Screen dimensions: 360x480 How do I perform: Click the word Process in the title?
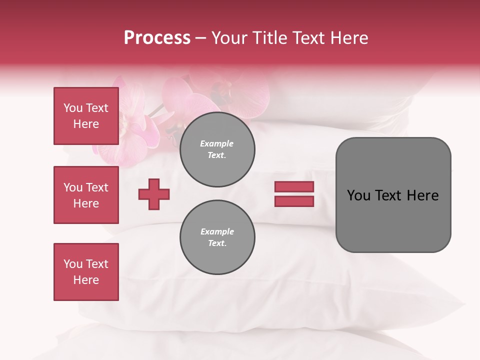click(x=157, y=38)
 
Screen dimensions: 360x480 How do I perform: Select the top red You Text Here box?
click(x=86, y=116)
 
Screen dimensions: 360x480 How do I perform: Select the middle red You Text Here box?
click(x=86, y=195)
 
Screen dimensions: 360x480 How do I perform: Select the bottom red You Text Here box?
click(x=86, y=272)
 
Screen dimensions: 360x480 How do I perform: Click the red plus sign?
click(x=154, y=194)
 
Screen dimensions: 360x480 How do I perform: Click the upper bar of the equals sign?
click(x=294, y=187)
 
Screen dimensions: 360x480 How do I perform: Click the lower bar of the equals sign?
click(x=294, y=201)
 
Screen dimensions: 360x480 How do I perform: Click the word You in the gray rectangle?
click(x=358, y=195)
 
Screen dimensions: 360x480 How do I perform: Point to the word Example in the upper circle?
click(x=216, y=143)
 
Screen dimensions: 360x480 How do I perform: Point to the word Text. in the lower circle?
click(x=217, y=243)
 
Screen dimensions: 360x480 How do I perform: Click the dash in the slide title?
click(x=201, y=38)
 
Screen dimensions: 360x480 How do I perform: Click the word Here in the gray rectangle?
click(x=422, y=195)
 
